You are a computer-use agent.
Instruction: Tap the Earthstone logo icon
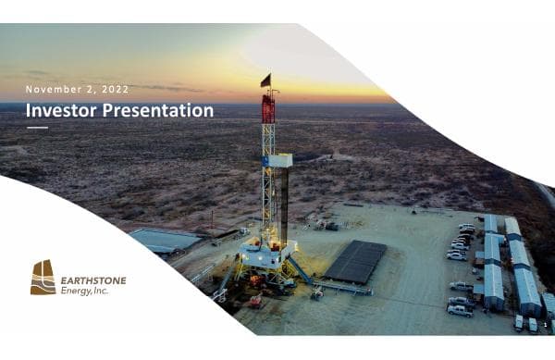tap(43, 278)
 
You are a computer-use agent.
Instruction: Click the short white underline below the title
tap(37, 127)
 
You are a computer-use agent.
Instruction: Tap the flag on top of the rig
tap(265, 81)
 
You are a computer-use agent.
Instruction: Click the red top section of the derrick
tap(268, 108)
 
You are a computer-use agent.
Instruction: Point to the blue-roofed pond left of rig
tap(164, 240)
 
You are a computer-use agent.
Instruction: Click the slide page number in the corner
tap(546, 326)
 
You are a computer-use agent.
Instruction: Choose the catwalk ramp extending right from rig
tap(338, 288)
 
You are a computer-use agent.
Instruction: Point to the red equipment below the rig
tap(253, 301)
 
